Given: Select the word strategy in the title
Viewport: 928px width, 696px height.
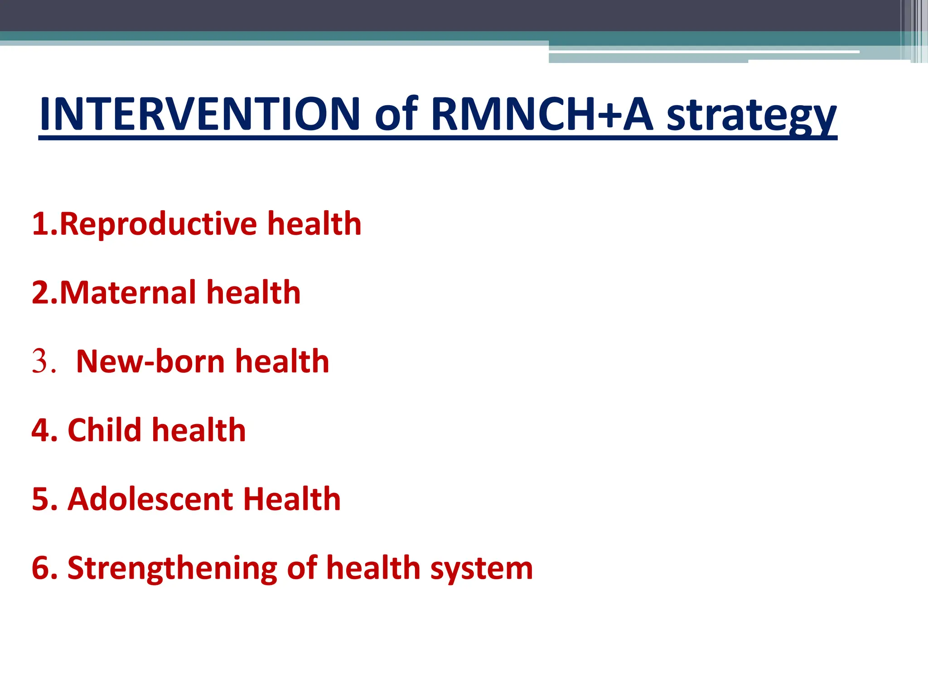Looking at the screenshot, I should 751,116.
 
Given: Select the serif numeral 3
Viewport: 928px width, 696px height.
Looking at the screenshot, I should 40,362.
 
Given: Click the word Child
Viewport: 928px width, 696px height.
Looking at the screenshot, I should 105,430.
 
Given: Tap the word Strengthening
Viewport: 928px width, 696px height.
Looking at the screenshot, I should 172,568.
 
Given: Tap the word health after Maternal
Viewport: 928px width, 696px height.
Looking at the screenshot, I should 253,292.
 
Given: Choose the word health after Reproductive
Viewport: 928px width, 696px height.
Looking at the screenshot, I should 314,224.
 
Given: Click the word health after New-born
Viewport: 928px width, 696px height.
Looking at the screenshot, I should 282,362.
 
